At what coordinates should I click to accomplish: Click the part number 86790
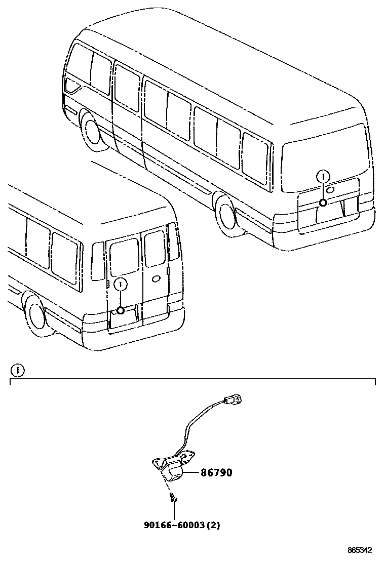pyautogui.click(x=216, y=473)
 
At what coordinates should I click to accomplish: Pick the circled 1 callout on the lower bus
pyautogui.click(x=120, y=285)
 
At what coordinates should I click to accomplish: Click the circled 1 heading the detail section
pyautogui.click(x=18, y=370)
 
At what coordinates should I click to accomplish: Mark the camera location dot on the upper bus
pyautogui.click(x=322, y=203)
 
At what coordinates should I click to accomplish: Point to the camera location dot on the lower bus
pyautogui.click(x=120, y=310)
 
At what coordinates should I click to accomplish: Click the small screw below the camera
pyautogui.click(x=174, y=499)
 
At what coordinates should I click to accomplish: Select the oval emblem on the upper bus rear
pyautogui.click(x=330, y=189)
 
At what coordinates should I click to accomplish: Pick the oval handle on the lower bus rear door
pyautogui.click(x=157, y=277)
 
